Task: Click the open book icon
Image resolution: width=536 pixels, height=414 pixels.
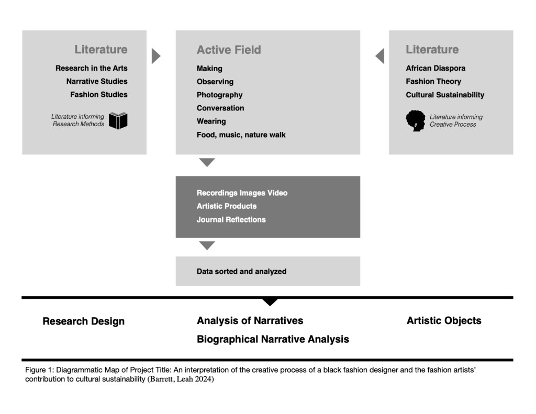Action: pyautogui.click(x=118, y=120)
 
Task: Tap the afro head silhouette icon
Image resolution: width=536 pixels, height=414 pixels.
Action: pyautogui.click(x=416, y=120)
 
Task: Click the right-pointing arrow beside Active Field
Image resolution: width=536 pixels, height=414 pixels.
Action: pyautogui.click(x=155, y=56)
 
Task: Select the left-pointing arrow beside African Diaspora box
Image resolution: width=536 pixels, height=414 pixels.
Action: pyautogui.click(x=380, y=56)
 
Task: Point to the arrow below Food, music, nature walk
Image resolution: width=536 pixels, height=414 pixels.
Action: pyautogui.click(x=207, y=162)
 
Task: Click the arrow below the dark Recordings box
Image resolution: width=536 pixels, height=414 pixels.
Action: pyautogui.click(x=207, y=245)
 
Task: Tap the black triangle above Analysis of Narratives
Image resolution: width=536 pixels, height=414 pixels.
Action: pyautogui.click(x=270, y=301)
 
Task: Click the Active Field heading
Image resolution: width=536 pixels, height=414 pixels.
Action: pyautogui.click(x=229, y=50)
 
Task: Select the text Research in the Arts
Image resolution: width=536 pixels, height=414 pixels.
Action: pyautogui.click(x=92, y=68)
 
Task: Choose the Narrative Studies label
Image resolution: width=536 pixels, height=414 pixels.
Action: pyautogui.click(x=97, y=81)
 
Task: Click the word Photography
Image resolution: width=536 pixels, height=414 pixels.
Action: pyautogui.click(x=219, y=95)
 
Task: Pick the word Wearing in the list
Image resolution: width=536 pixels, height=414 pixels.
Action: pyautogui.click(x=211, y=121)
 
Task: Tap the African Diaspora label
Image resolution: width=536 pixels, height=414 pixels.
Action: pyautogui.click(x=435, y=68)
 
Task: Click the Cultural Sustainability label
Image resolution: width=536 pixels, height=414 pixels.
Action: pyautogui.click(x=445, y=95)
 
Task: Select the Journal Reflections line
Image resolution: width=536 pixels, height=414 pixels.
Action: pyautogui.click(x=231, y=220)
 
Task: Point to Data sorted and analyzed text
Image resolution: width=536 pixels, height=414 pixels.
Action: pyautogui.click(x=241, y=272)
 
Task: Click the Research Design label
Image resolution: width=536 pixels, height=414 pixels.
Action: pyautogui.click(x=84, y=321)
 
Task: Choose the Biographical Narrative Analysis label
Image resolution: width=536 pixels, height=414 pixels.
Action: pyautogui.click(x=273, y=339)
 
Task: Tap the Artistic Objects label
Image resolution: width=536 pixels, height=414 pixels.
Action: pyautogui.click(x=444, y=321)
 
